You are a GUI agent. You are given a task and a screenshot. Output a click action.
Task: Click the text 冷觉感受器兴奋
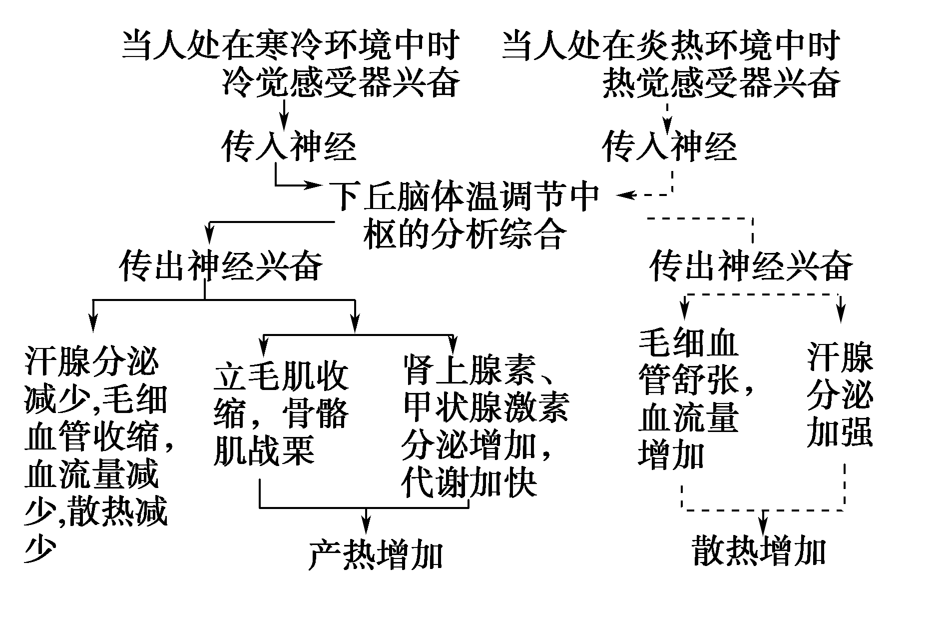(x=341, y=83)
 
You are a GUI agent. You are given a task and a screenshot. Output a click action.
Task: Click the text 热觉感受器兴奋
(x=721, y=83)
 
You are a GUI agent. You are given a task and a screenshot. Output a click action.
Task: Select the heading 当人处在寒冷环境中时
(x=291, y=46)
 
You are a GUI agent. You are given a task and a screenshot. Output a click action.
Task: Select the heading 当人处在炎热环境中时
(x=671, y=46)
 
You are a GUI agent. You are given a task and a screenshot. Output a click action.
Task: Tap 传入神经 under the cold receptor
(x=289, y=146)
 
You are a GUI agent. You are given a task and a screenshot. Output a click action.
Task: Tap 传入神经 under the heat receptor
(x=669, y=146)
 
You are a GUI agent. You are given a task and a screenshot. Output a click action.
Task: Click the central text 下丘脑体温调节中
(x=465, y=195)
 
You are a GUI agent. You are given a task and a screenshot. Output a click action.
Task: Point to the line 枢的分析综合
(x=465, y=233)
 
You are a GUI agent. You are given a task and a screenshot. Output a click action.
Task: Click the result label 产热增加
(x=376, y=554)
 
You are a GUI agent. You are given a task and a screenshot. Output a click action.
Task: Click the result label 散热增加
(x=759, y=551)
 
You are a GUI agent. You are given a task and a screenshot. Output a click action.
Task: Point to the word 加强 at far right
(x=840, y=431)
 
